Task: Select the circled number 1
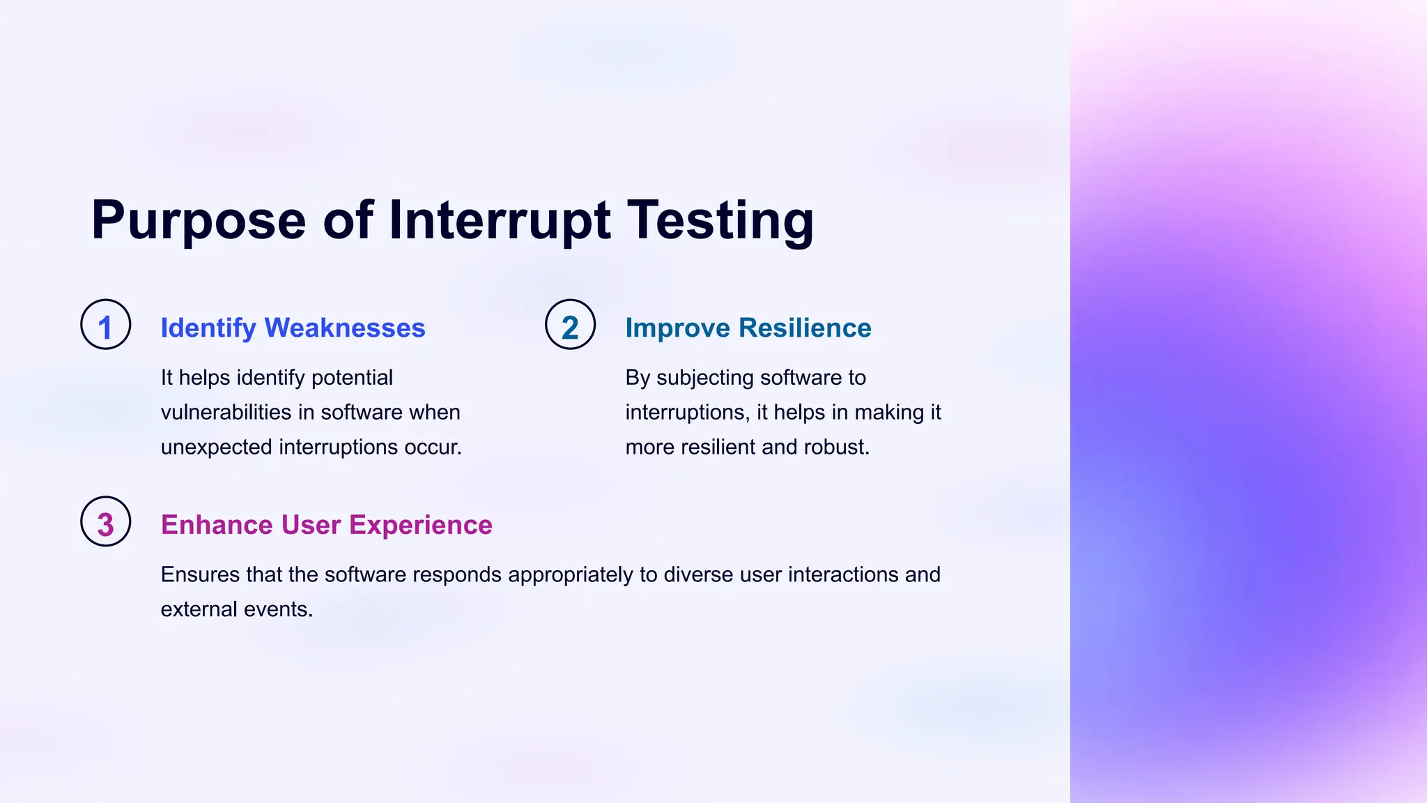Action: [106, 325]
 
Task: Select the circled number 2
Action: [570, 325]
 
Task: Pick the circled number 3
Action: [106, 522]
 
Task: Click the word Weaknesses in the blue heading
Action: [345, 328]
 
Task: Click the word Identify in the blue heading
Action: [208, 328]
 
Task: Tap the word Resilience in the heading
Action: [805, 328]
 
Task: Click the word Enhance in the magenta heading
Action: [216, 525]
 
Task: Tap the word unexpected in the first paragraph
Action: [216, 447]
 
